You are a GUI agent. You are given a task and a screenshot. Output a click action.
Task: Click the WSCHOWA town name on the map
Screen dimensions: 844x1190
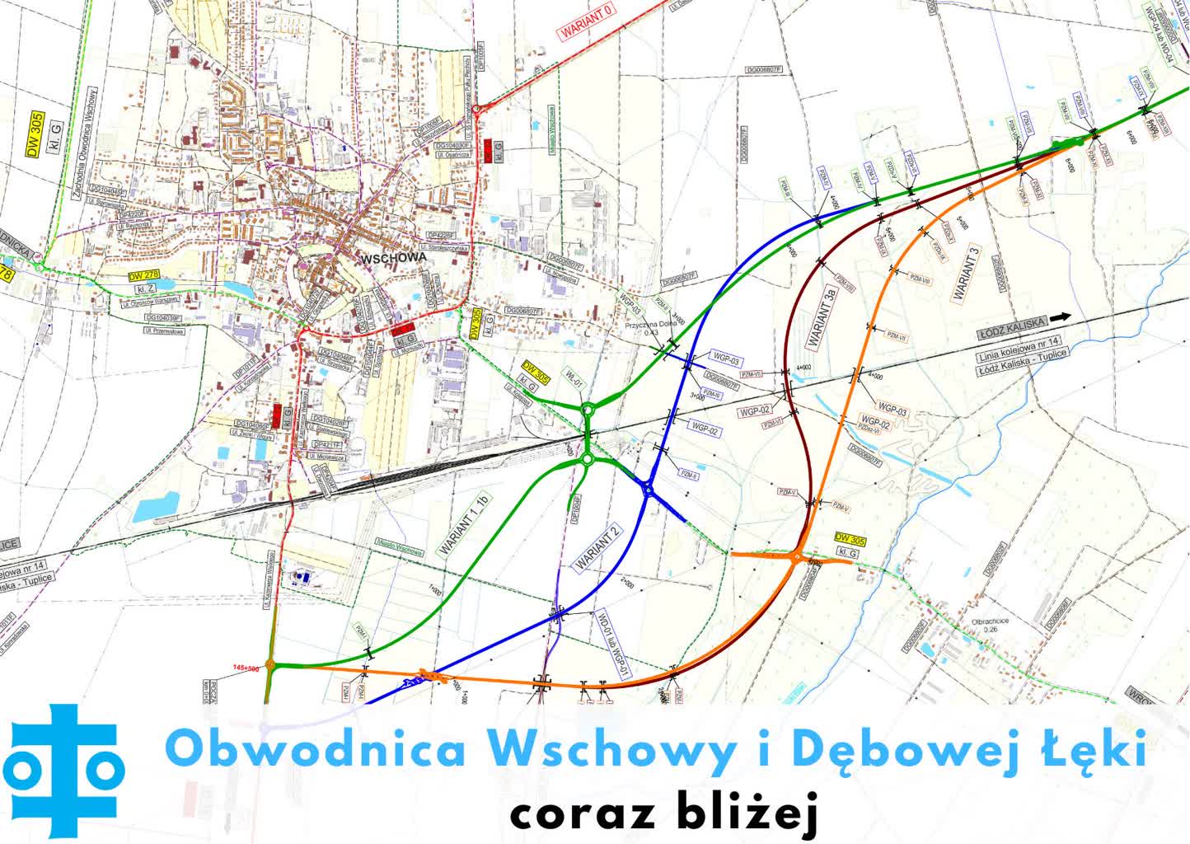click(394, 257)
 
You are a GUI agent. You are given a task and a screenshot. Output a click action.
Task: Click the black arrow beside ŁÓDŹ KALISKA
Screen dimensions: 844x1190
click(1062, 316)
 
